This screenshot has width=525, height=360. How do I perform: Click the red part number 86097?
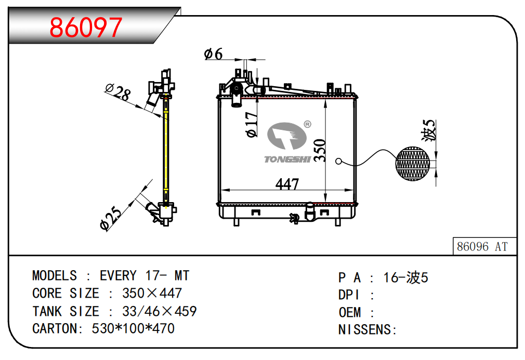[x=86, y=28]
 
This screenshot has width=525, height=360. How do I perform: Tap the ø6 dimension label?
[x=213, y=54]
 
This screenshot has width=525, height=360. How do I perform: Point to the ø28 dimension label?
[x=117, y=92]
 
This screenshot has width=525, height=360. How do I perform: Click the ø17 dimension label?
[x=252, y=125]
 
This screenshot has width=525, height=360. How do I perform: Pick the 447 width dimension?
[x=287, y=184]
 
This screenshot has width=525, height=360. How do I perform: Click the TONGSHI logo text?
[x=287, y=159]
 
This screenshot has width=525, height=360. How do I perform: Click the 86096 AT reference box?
[x=482, y=247]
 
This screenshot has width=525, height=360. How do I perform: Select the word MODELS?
[x=54, y=275]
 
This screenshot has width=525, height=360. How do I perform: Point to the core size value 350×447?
[x=152, y=293]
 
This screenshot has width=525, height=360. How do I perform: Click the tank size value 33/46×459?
[x=159, y=311]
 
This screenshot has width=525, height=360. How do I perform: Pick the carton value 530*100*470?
[x=133, y=328]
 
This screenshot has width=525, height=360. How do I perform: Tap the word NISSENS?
[x=366, y=329]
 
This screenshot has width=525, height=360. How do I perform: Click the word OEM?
[x=349, y=312]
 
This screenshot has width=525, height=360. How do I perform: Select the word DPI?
[x=349, y=295]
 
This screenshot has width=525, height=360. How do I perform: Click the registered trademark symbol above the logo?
[x=307, y=124]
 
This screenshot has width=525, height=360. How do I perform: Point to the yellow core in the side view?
[x=166, y=151]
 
